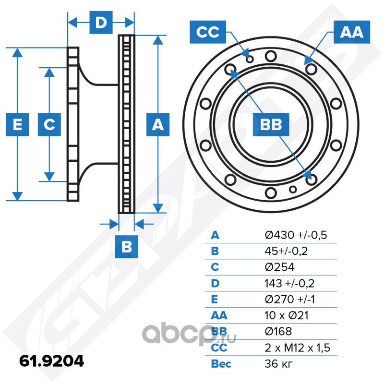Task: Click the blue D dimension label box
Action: pyautogui.click(x=101, y=23)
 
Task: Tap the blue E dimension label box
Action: pyautogui.click(x=17, y=125)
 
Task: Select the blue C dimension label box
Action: pyautogui.click(x=49, y=125)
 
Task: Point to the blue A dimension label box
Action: pyautogui.click(x=158, y=125)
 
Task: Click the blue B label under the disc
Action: pyautogui.click(x=127, y=247)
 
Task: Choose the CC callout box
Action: pyautogui.click(x=208, y=32)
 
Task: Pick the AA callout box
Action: pyautogui.click(x=352, y=32)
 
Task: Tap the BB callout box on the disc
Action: pyautogui.click(x=271, y=125)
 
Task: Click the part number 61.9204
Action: pyautogui.click(x=52, y=361)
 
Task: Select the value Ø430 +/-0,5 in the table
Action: pyautogui.click(x=296, y=235)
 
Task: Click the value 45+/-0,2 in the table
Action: pyautogui.click(x=286, y=251)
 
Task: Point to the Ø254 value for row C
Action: pyautogui.click(x=280, y=267)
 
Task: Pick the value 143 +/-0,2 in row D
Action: pyautogui.click(x=289, y=283)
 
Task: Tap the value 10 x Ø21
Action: pyautogui.click(x=287, y=315)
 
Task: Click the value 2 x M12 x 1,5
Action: pyautogui.click(x=298, y=348)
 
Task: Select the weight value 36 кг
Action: pyautogui.click(x=279, y=364)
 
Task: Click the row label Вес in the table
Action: pyautogui.click(x=221, y=364)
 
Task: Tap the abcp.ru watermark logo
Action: pyautogui.click(x=189, y=335)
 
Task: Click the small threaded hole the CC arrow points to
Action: pyautogui.click(x=250, y=59)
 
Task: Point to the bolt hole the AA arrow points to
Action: pyautogui.click(x=312, y=69)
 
